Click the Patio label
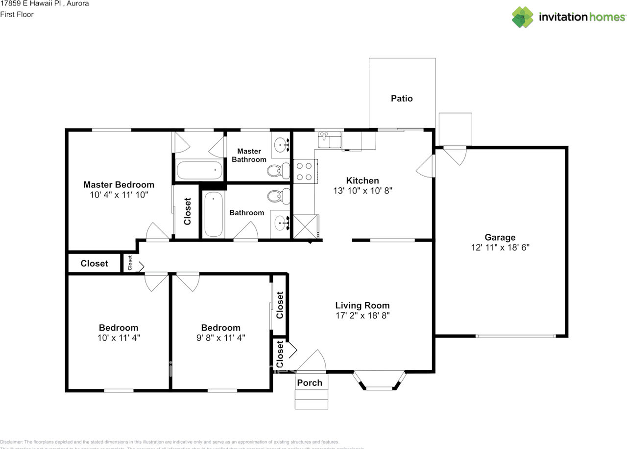click(402, 98)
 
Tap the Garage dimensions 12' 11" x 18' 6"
click(500, 247)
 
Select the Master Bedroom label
click(119, 184)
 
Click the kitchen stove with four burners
click(304, 172)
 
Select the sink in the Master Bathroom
click(281, 144)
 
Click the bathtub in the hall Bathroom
click(213, 214)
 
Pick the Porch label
click(310, 382)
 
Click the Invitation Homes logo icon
click(523, 17)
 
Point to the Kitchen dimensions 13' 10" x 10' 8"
click(362, 191)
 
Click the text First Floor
click(17, 14)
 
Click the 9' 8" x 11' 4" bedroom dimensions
click(220, 337)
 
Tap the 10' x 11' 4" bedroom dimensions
click(119, 337)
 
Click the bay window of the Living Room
click(380, 382)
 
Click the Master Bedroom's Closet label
click(187, 211)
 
